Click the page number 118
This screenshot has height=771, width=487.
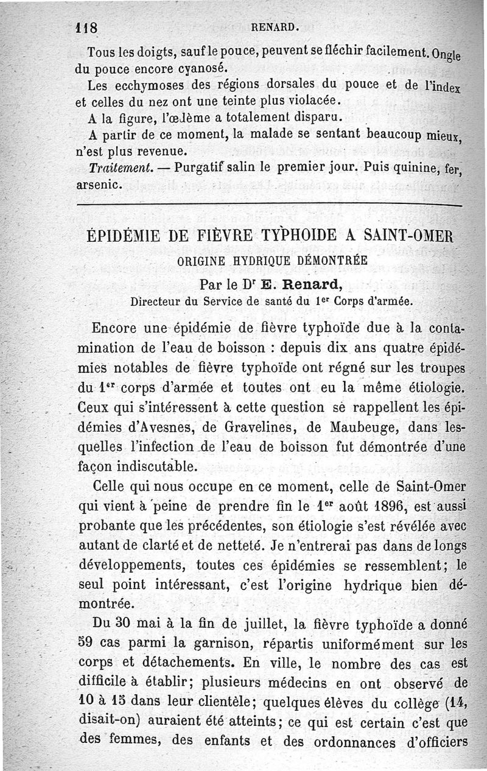pos(89,27)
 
